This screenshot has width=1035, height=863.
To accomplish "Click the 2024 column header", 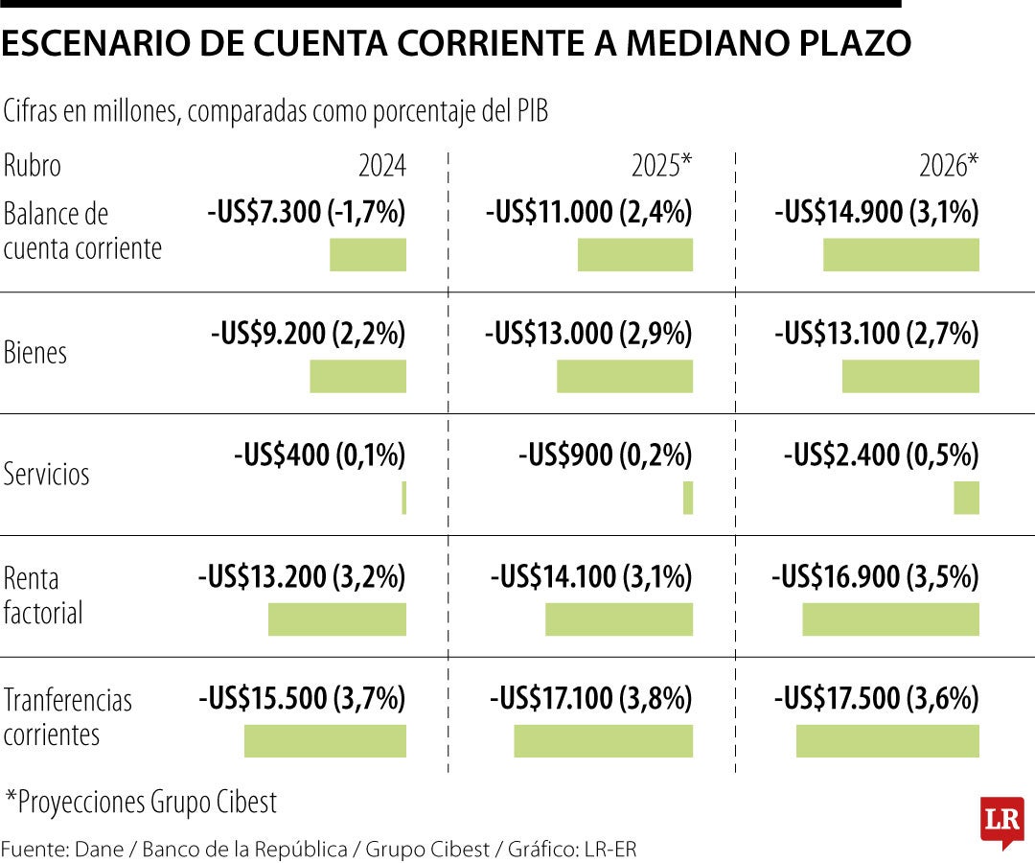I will (x=381, y=167).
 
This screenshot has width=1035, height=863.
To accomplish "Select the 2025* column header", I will (x=661, y=167).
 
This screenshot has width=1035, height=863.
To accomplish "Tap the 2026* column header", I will (x=949, y=167).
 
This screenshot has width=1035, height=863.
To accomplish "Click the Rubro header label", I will (x=33, y=166).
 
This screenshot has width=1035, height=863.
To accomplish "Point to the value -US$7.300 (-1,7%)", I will (x=307, y=213).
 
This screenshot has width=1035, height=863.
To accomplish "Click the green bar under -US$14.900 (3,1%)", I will (x=901, y=255).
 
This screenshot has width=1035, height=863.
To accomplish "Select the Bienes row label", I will (x=35, y=352).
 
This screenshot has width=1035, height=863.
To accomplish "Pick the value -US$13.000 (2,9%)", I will (x=588, y=334).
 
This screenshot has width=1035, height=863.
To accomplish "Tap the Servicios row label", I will (x=47, y=474).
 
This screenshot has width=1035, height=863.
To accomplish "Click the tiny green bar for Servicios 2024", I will (x=403, y=498).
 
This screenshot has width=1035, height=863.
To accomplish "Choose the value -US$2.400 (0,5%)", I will (x=881, y=455).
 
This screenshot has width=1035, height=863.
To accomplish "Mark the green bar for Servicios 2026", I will (x=966, y=498).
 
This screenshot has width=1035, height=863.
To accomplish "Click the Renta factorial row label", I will (x=43, y=595).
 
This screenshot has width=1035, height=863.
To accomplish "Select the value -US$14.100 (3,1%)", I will (x=591, y=577).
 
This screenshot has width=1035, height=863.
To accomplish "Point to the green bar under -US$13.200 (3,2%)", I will (x=336, y=619).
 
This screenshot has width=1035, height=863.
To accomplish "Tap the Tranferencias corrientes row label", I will (x=67, y=717).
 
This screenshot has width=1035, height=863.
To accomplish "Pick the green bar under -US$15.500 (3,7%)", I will (x=325, y=741).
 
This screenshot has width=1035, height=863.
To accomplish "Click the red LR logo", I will (x=1001, y=821).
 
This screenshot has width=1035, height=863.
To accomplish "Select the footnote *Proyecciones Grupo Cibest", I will (x=141, y=802).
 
